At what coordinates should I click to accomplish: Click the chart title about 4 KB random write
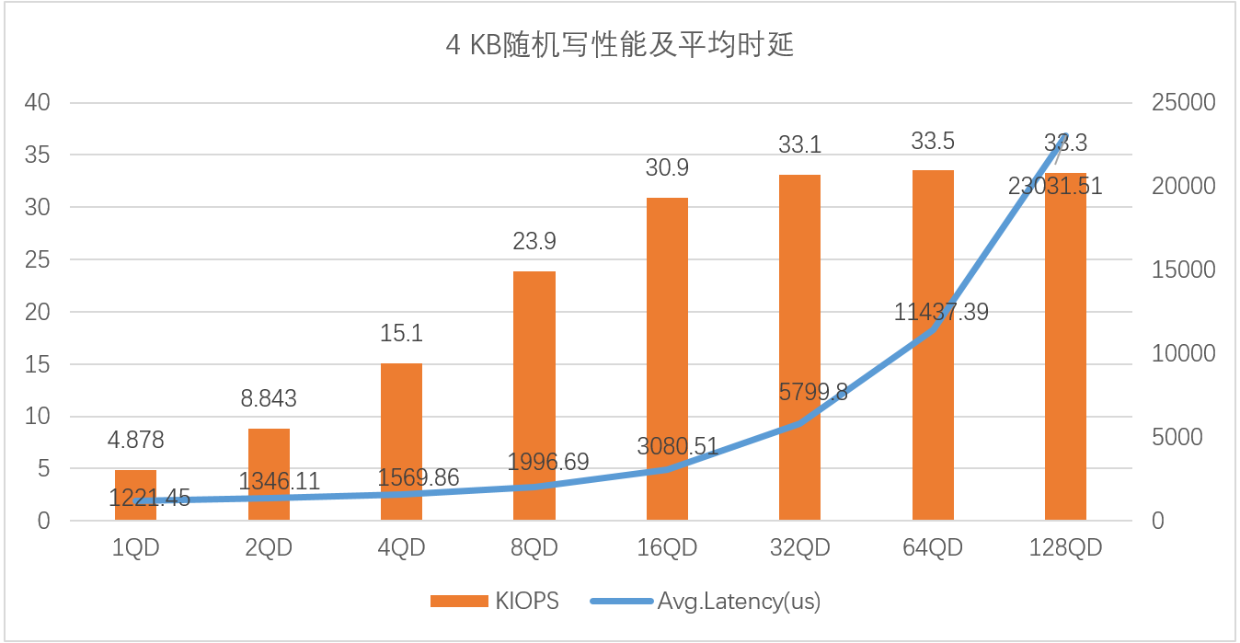619,45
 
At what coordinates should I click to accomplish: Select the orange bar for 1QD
135,496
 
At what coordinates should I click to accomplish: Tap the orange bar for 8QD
534,396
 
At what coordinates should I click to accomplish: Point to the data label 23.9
534,242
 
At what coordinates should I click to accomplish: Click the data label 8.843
269,399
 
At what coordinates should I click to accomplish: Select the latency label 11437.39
941,313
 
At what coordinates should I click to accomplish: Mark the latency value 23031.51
1054,187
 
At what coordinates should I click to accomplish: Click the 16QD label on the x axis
667,548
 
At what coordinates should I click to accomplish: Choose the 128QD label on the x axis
1065,548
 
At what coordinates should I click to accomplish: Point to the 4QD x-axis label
401,548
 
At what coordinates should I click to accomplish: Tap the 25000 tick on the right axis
1183,103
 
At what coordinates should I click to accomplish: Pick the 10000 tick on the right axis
1183,354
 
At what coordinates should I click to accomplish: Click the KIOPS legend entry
495,602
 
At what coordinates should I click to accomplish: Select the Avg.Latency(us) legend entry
705,602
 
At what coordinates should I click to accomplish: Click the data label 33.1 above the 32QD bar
799,144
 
